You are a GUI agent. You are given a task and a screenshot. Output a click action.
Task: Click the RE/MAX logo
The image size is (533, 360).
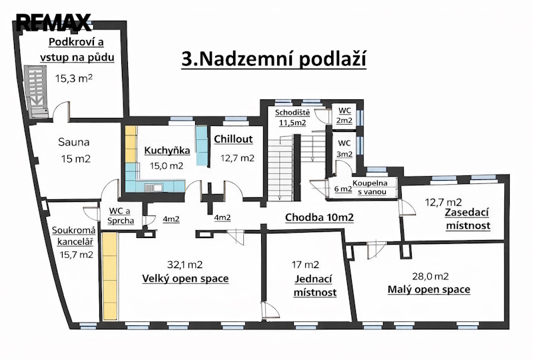coord(53,23)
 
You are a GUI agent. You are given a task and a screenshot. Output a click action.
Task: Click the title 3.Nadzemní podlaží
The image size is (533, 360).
coord(274,59)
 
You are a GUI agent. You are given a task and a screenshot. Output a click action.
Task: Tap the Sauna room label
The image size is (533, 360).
coord(74,142)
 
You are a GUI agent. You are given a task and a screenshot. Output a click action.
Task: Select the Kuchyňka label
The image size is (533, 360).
coord(167,151)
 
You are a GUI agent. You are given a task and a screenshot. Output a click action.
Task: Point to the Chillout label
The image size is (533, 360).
coord(234,139)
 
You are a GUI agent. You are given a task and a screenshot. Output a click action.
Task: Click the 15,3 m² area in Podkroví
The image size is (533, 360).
coord(74,79)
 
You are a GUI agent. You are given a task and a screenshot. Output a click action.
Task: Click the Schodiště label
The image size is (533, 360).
coord(292,112)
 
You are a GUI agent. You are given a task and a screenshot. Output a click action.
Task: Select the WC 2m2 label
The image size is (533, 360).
coord(344,115)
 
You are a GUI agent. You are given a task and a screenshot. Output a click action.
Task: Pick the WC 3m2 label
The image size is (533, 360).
coord(344,149)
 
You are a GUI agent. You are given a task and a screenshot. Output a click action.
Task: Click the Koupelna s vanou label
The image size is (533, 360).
coord(370,187)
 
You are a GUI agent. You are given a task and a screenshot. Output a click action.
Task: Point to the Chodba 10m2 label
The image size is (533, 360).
coord(319,217)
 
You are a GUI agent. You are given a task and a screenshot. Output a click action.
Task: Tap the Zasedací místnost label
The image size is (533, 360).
coord(468,219)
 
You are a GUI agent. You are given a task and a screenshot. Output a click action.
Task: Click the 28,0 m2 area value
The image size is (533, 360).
coord(430,276)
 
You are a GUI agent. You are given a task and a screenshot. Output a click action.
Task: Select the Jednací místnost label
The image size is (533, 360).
coord(314,285)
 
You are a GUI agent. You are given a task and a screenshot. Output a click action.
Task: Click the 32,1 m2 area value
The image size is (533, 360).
coord(185,264)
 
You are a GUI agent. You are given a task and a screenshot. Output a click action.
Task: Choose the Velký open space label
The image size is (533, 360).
coord(185,279)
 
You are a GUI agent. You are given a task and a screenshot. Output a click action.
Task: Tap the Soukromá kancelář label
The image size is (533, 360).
coord(74,236)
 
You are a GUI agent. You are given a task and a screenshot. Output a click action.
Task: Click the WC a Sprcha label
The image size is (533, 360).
coord(121,216)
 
